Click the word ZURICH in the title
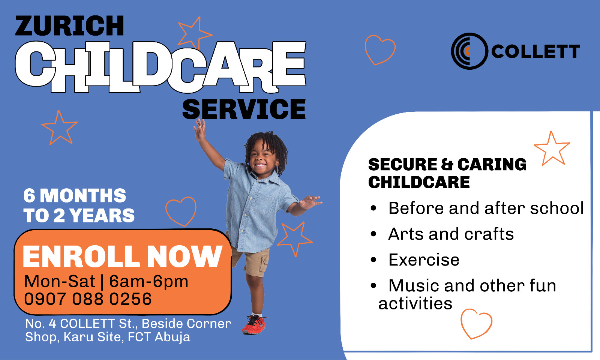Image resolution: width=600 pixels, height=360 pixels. (x=70, y=25)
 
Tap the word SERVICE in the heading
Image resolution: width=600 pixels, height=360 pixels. (x=244, y=109)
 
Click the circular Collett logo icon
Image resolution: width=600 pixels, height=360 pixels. (x=469, y=51)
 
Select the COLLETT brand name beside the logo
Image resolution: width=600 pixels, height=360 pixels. (x=535, y=51)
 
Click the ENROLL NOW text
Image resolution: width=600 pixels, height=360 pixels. (x=123, y=256)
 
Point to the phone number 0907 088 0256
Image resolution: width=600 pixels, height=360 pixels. (x=88, y=298)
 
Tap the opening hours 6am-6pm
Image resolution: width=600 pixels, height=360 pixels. (x=148, y=282)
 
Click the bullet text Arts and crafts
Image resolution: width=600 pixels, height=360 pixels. (x=451, y=234)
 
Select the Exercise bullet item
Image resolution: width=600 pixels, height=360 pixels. (x=424, y=260)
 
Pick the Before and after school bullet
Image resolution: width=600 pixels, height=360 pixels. (x=486, y=208)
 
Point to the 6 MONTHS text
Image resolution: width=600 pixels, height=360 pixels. (x=75, y=195)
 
